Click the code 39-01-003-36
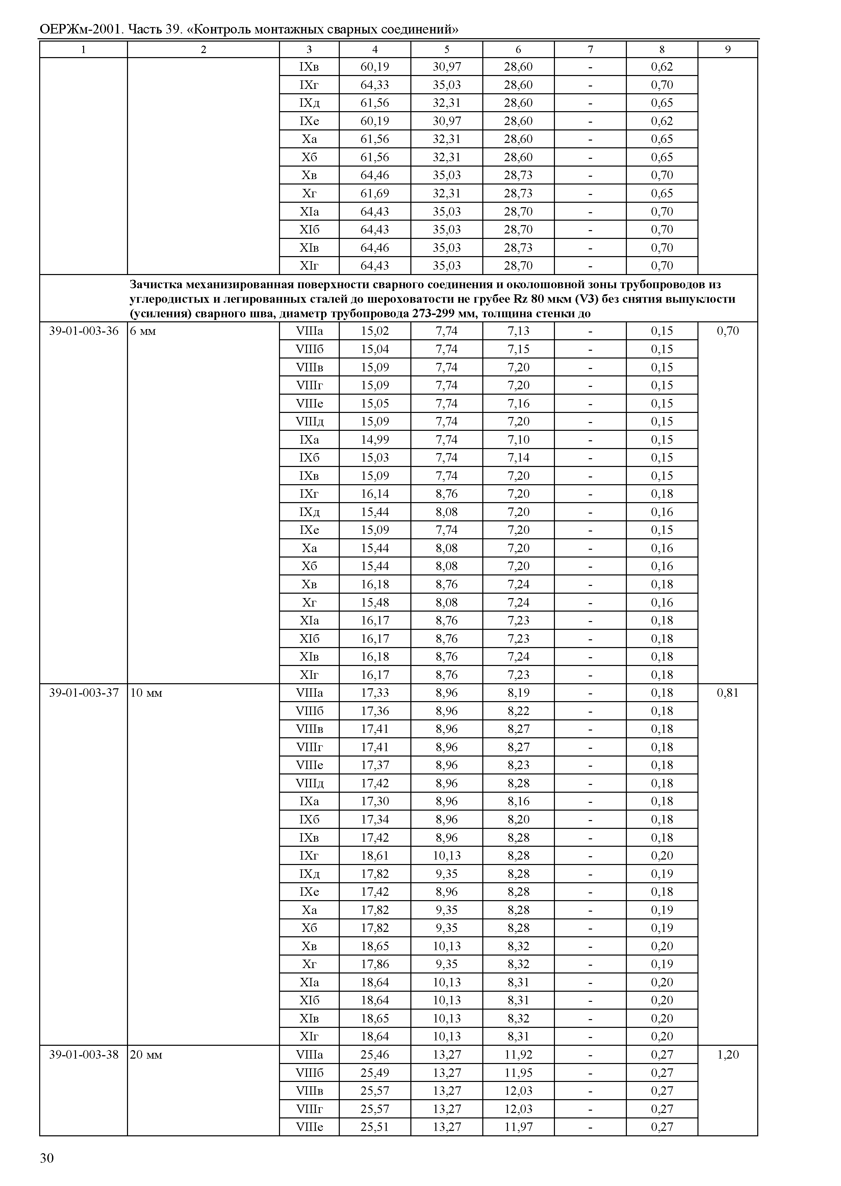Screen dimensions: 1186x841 click(x=83, y=331)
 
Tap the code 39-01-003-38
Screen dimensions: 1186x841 click(x=83, y=1055)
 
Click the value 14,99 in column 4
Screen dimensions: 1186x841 click(x=375, y=440)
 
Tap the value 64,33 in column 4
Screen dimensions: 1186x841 click(x=375, y=85)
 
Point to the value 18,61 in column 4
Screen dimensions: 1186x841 click(x=375, y=856)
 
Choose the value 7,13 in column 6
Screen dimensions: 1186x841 click(x=518, y=331)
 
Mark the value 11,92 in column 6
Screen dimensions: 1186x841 click(x=518, y=1055)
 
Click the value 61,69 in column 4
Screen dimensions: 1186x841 click(x=375, y=193)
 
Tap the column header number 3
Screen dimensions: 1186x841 click(x=309, y=50)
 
